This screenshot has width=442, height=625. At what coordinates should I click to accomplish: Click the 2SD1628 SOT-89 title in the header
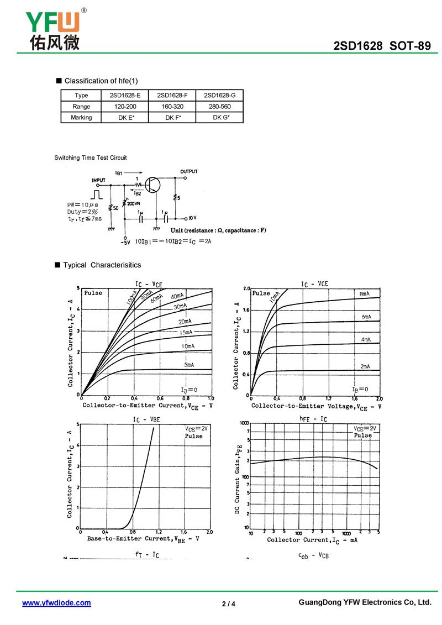coord(382,46)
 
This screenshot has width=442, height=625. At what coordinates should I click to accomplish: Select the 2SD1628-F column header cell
coord(172,95)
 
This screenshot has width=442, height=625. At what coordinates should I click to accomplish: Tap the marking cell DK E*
coord(126,118)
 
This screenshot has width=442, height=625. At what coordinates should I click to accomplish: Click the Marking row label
coord(81,118)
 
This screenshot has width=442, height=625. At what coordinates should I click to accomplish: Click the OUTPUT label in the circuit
coord(188,172)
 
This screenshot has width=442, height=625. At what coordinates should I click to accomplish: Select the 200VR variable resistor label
coord(134,204)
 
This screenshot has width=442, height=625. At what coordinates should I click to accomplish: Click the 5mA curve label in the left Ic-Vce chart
coord(189,365)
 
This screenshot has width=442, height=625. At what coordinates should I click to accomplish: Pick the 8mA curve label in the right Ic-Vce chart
coord(365,294)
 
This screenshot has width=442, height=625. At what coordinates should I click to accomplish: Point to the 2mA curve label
coord(365,366)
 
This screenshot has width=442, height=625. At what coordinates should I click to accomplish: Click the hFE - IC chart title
coord(313,419)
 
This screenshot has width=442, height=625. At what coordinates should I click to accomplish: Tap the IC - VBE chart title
coord(146,420)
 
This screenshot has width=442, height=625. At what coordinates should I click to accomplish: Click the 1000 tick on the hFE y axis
coord(244,423)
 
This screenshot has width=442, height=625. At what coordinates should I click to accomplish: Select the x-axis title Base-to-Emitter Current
coord(143,539)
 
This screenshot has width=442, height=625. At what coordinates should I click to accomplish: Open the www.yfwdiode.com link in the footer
coord(56,603)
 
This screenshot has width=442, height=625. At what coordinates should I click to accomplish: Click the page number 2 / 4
coord(228,603)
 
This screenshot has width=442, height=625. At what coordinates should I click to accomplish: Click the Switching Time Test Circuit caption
coord(90,158)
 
